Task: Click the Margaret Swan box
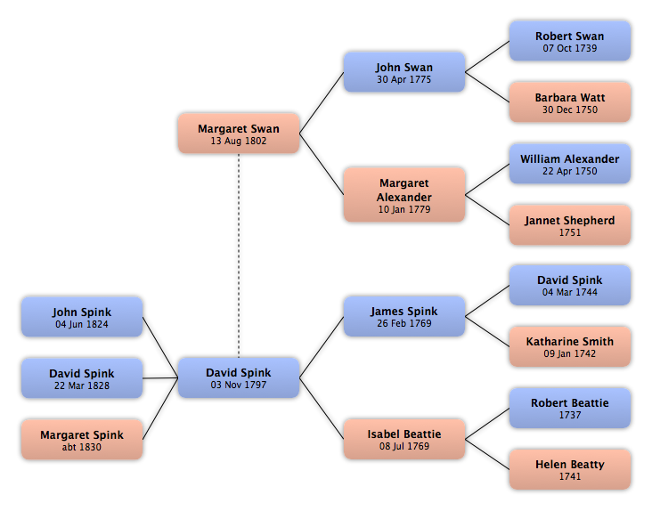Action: [x=239, y=134]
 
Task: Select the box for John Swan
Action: [x=404, y=72]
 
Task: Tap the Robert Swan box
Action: [x=570, y=41]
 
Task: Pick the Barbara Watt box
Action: [x=570, y=102]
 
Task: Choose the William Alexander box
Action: [x=570, y=164]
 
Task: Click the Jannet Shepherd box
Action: [x=570, y=224]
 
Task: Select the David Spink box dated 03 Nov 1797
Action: [x=239, y=377]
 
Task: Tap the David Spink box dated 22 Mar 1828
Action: [x=82, y=378]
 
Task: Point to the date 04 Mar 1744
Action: [x=570, y=293]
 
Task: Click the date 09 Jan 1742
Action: [x=570, y=353]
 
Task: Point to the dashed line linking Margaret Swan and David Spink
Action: [x=239, y=255]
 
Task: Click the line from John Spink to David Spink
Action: [x=160, y=348]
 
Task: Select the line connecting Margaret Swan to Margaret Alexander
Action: [x=322, y=164]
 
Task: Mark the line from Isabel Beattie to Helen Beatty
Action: [x=487, y=454]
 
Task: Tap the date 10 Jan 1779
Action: [x=404, y=209]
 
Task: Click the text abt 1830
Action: [x=82, y=447]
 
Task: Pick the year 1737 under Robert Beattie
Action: [x=570, y=415]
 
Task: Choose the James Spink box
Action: [x=404, y=316]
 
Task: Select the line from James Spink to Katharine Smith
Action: [x=487, y=331]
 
